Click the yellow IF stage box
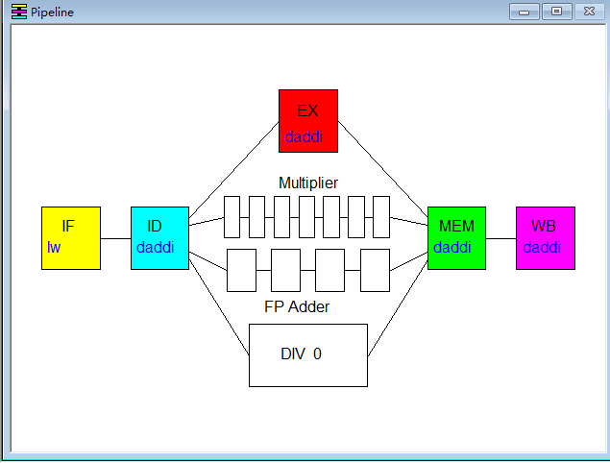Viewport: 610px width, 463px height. [71, 237]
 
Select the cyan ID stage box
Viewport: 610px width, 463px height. [159, 237]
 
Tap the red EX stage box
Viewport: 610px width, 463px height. [308, 121]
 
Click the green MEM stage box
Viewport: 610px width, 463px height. [456, 237]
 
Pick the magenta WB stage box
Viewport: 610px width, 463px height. [545, 237]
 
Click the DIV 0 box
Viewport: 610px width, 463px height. [308, 354]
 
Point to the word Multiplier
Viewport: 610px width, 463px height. [308, 183]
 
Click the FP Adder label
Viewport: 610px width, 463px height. [297, 306]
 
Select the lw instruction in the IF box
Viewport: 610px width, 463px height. [54, 248]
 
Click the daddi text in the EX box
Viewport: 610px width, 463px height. [304, 137]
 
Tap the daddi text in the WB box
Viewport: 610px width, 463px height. [542, 248]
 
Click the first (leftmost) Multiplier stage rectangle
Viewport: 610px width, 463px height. [232, 216]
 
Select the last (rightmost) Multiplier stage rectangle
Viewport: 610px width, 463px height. [381, 216]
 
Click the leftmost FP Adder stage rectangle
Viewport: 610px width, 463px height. [241, 270]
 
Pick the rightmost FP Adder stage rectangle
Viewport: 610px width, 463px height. [375, 270]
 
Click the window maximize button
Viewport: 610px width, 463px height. [556, 12]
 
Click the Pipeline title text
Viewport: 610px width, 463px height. [52, 12]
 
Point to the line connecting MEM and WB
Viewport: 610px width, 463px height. [500, 238]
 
